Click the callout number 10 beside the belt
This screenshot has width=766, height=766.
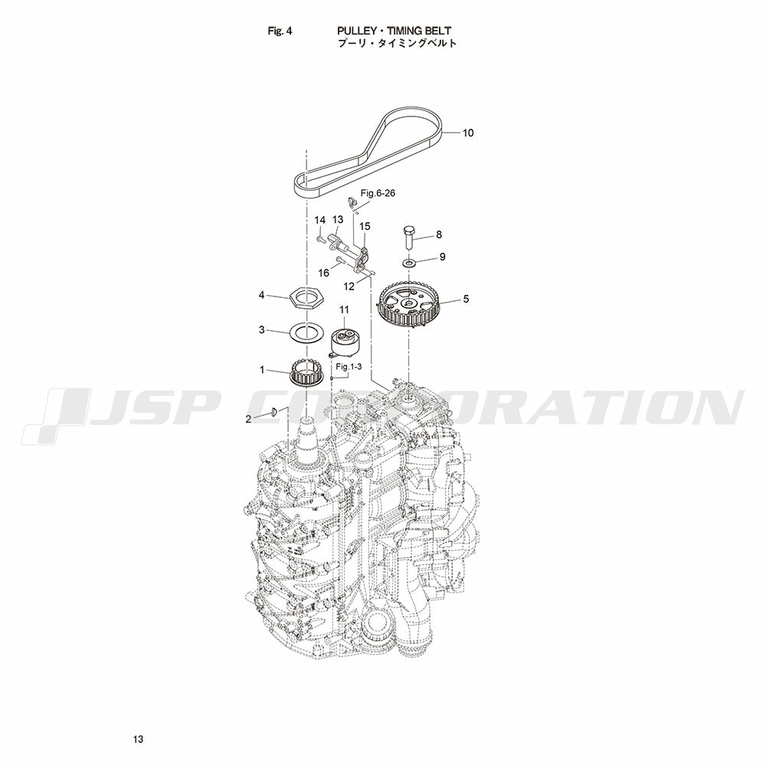pyautogui.click(x=468, y=133)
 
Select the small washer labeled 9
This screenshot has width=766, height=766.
pyautogui.click(x=409, y=264)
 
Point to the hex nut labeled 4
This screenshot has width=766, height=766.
pyautogui.click(x=306, y=296)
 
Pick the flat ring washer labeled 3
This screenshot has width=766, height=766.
pyautogui.click(x=306, y=332)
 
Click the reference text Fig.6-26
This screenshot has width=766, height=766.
pyautogui.click(x=378, y=193)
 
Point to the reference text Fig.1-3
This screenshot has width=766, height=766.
pyautogui.click(x=348, y=366)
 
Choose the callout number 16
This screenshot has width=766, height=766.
pyautogui.click(x=324, y=273)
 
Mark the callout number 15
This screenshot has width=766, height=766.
pyautogui.click(x=365, y=226)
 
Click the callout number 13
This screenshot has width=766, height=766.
pyautogui.click(x=338, y=220)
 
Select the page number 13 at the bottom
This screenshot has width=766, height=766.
pyautogui.click(x=138, y=739)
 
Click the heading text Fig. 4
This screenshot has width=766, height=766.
pyautogui.click(x=280, y=31)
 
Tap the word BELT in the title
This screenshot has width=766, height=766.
pyautogui.click(x=438, y=31)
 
